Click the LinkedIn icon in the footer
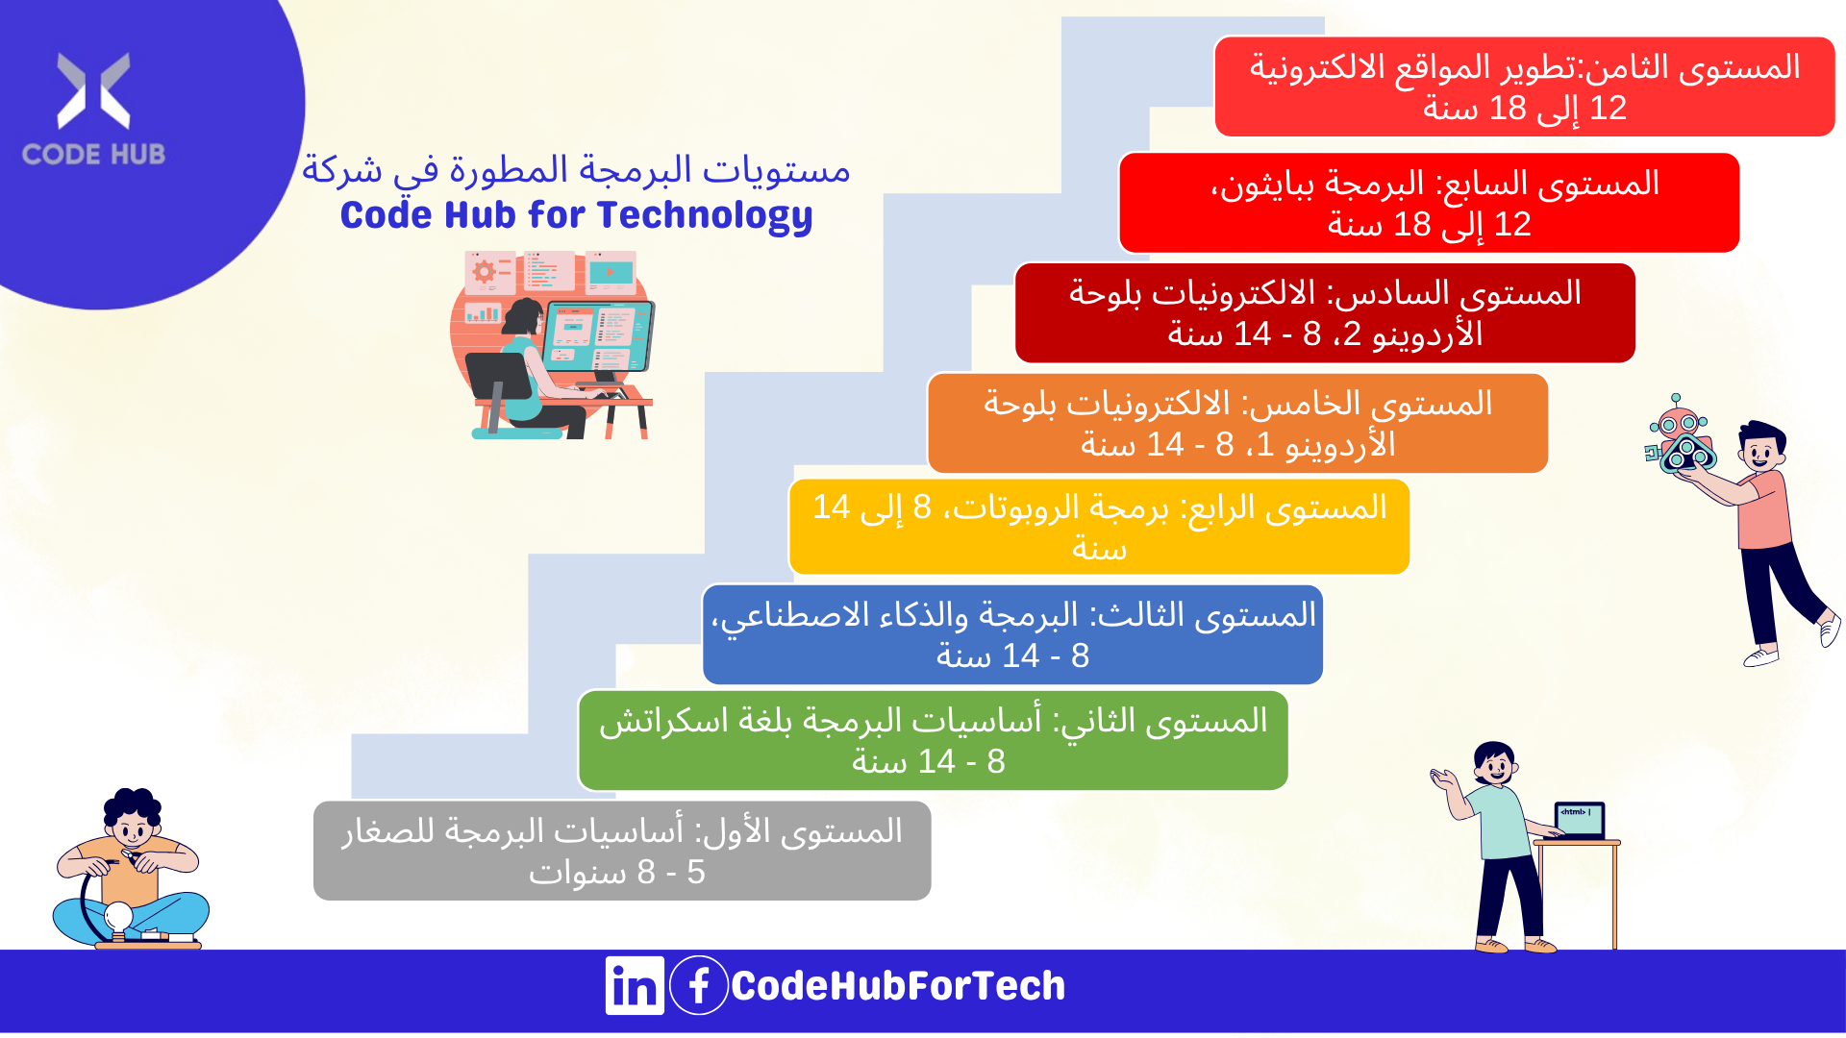[635, 985]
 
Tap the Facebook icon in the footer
[699, 985]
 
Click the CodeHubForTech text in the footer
[898, 986]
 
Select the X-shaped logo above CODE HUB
[93, 90]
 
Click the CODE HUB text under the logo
[93, 154]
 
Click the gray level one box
[622, 851]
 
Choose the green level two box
[933, 741]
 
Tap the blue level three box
[1013, 634]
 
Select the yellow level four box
[1099, 528]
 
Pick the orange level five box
[1237, 423]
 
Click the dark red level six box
[1325, 313]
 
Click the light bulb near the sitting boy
[118, 917]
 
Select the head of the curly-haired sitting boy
[134, 818]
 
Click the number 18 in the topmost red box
[1508, 109]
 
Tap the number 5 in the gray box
[696, 873]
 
